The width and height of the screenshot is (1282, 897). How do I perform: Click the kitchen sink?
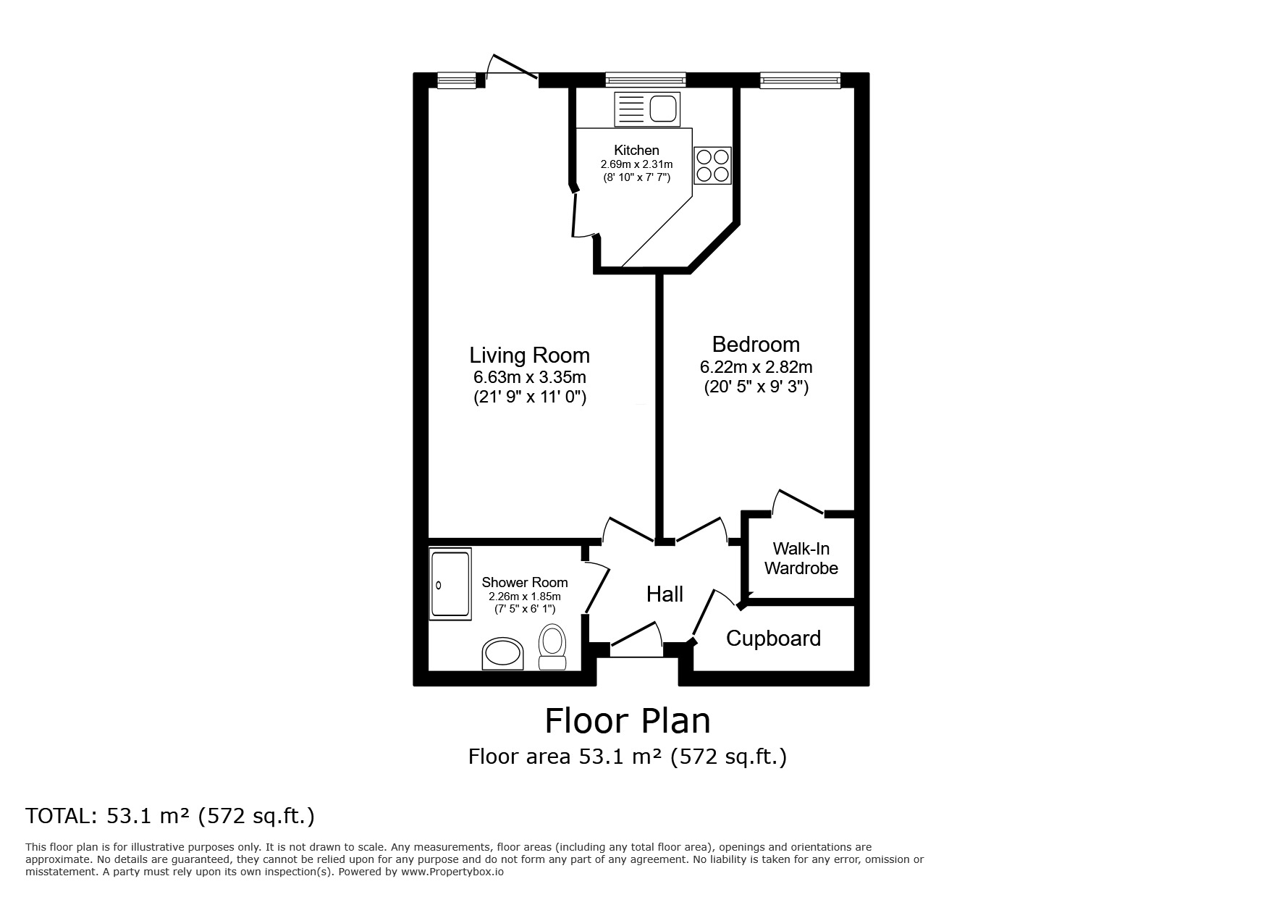[x=647, y=109]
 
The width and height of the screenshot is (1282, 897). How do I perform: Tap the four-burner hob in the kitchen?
[x=712, y=165]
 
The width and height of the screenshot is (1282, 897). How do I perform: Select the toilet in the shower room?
[x=553, y=647]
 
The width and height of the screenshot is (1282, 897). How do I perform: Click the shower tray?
[x=450, y=584]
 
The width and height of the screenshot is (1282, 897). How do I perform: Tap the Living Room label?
[x=530, y=355]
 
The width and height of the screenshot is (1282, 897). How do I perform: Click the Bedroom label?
[x=756, y=344]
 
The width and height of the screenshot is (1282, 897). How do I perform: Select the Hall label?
[x=665, y=594]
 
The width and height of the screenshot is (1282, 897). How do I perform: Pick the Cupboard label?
[x=773, y=639]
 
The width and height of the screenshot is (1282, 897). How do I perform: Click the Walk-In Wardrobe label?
[x=801, y=558]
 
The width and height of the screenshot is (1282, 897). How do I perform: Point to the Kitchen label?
[x=636, y=151]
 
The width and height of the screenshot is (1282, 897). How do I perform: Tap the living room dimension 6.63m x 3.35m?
[x=530, y=377]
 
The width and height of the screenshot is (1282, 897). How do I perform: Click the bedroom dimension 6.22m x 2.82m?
[x=756, y=367]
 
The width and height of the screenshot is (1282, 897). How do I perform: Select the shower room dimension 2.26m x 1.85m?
[x=525, y=597]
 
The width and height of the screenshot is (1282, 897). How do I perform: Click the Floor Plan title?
[x=628, y=720]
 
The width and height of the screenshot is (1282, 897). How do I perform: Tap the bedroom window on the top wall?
[x=800, y=80]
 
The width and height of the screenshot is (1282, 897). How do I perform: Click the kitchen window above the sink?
[x=646, y=80]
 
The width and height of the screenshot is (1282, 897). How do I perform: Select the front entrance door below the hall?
[x=636, y=640]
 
